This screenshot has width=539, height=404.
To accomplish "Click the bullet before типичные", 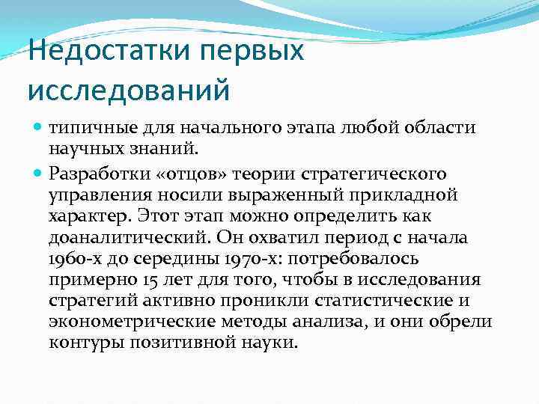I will (x=39, y=127).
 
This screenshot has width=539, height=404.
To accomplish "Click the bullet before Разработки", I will (x=39, y=174).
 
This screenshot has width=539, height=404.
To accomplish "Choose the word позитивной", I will (x=187, y=343).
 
